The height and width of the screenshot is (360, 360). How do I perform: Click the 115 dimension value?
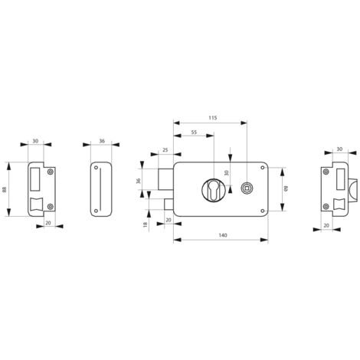point(212,118)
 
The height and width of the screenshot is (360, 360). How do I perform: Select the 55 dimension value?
point(194,133)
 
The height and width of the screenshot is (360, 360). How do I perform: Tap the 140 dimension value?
point(223,235)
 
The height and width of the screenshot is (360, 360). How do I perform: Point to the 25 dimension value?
point(165,150)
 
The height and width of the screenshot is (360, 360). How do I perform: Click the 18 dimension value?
point(146,224)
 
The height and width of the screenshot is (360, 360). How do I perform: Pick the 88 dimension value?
point(4,189)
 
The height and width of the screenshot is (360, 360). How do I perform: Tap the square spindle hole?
point(247,188)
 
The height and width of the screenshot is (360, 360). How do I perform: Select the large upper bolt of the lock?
point(165,179)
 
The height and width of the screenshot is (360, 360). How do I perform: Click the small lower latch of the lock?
point(169,205)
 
